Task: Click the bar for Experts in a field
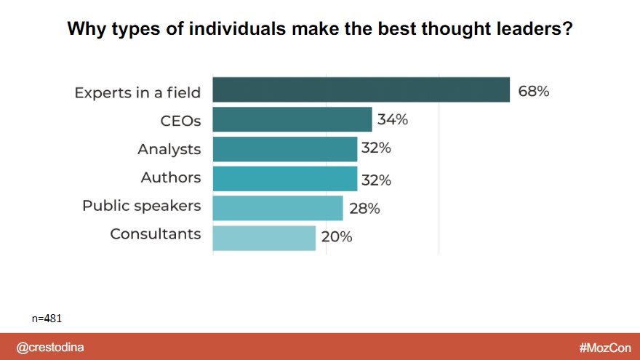361,89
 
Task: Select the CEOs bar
292,119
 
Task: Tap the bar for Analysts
285,148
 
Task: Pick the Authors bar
285,178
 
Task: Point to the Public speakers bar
278,208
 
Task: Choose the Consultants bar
264,238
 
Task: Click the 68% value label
533,92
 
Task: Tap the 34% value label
392,120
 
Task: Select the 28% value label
364,209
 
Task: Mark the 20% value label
337,237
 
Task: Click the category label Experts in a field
137,92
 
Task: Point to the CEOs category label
180,120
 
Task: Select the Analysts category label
169,149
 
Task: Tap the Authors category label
171,177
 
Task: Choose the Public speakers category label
141,206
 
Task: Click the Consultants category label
155,234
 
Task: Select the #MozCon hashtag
605,348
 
